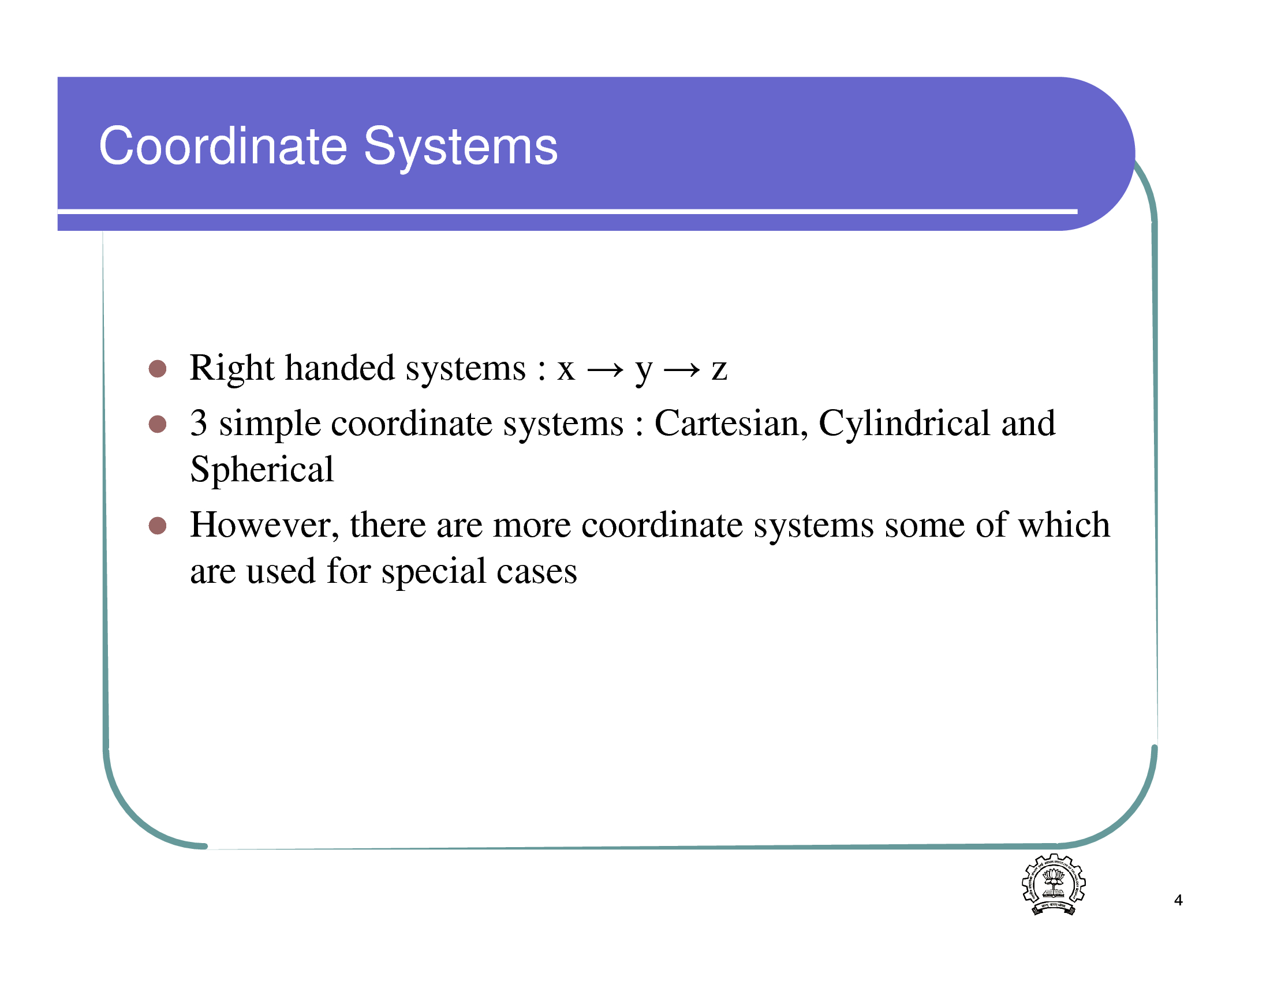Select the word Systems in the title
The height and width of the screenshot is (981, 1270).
(461, 148)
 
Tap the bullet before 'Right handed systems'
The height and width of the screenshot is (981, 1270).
(158, 369)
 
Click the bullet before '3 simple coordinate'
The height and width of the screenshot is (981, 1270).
(158, 424)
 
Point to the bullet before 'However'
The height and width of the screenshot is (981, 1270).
(158, 525)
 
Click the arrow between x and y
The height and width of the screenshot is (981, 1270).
(606, 370)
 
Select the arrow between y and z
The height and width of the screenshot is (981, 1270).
(682, 370)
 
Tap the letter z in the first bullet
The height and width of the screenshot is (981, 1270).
(719, 370)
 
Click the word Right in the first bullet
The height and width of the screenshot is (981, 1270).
(232, 369)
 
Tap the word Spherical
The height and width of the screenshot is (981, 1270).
(262, 470)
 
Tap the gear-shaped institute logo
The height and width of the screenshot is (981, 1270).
(1054, 884)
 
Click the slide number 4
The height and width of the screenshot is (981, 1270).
(1178, 900)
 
